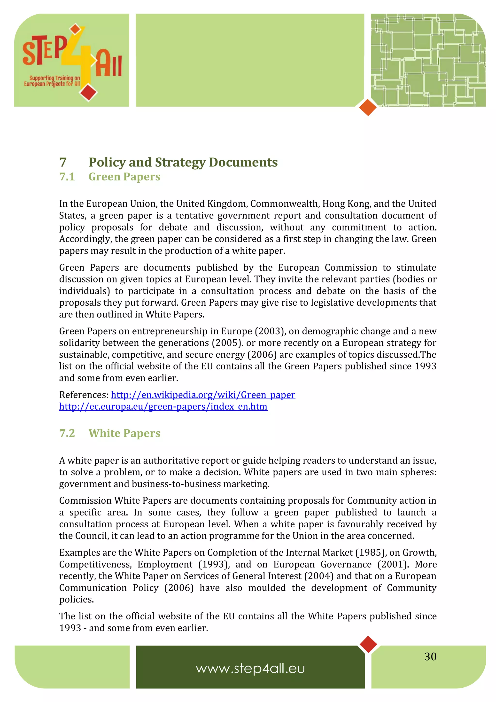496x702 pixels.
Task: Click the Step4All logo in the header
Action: tap(72, 58)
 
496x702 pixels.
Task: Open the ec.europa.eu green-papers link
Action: tap(163, 407)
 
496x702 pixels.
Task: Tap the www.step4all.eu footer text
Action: tap(250, 668)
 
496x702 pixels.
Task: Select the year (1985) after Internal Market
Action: tap(370, 553)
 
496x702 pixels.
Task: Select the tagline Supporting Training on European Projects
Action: tap(52, 81)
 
